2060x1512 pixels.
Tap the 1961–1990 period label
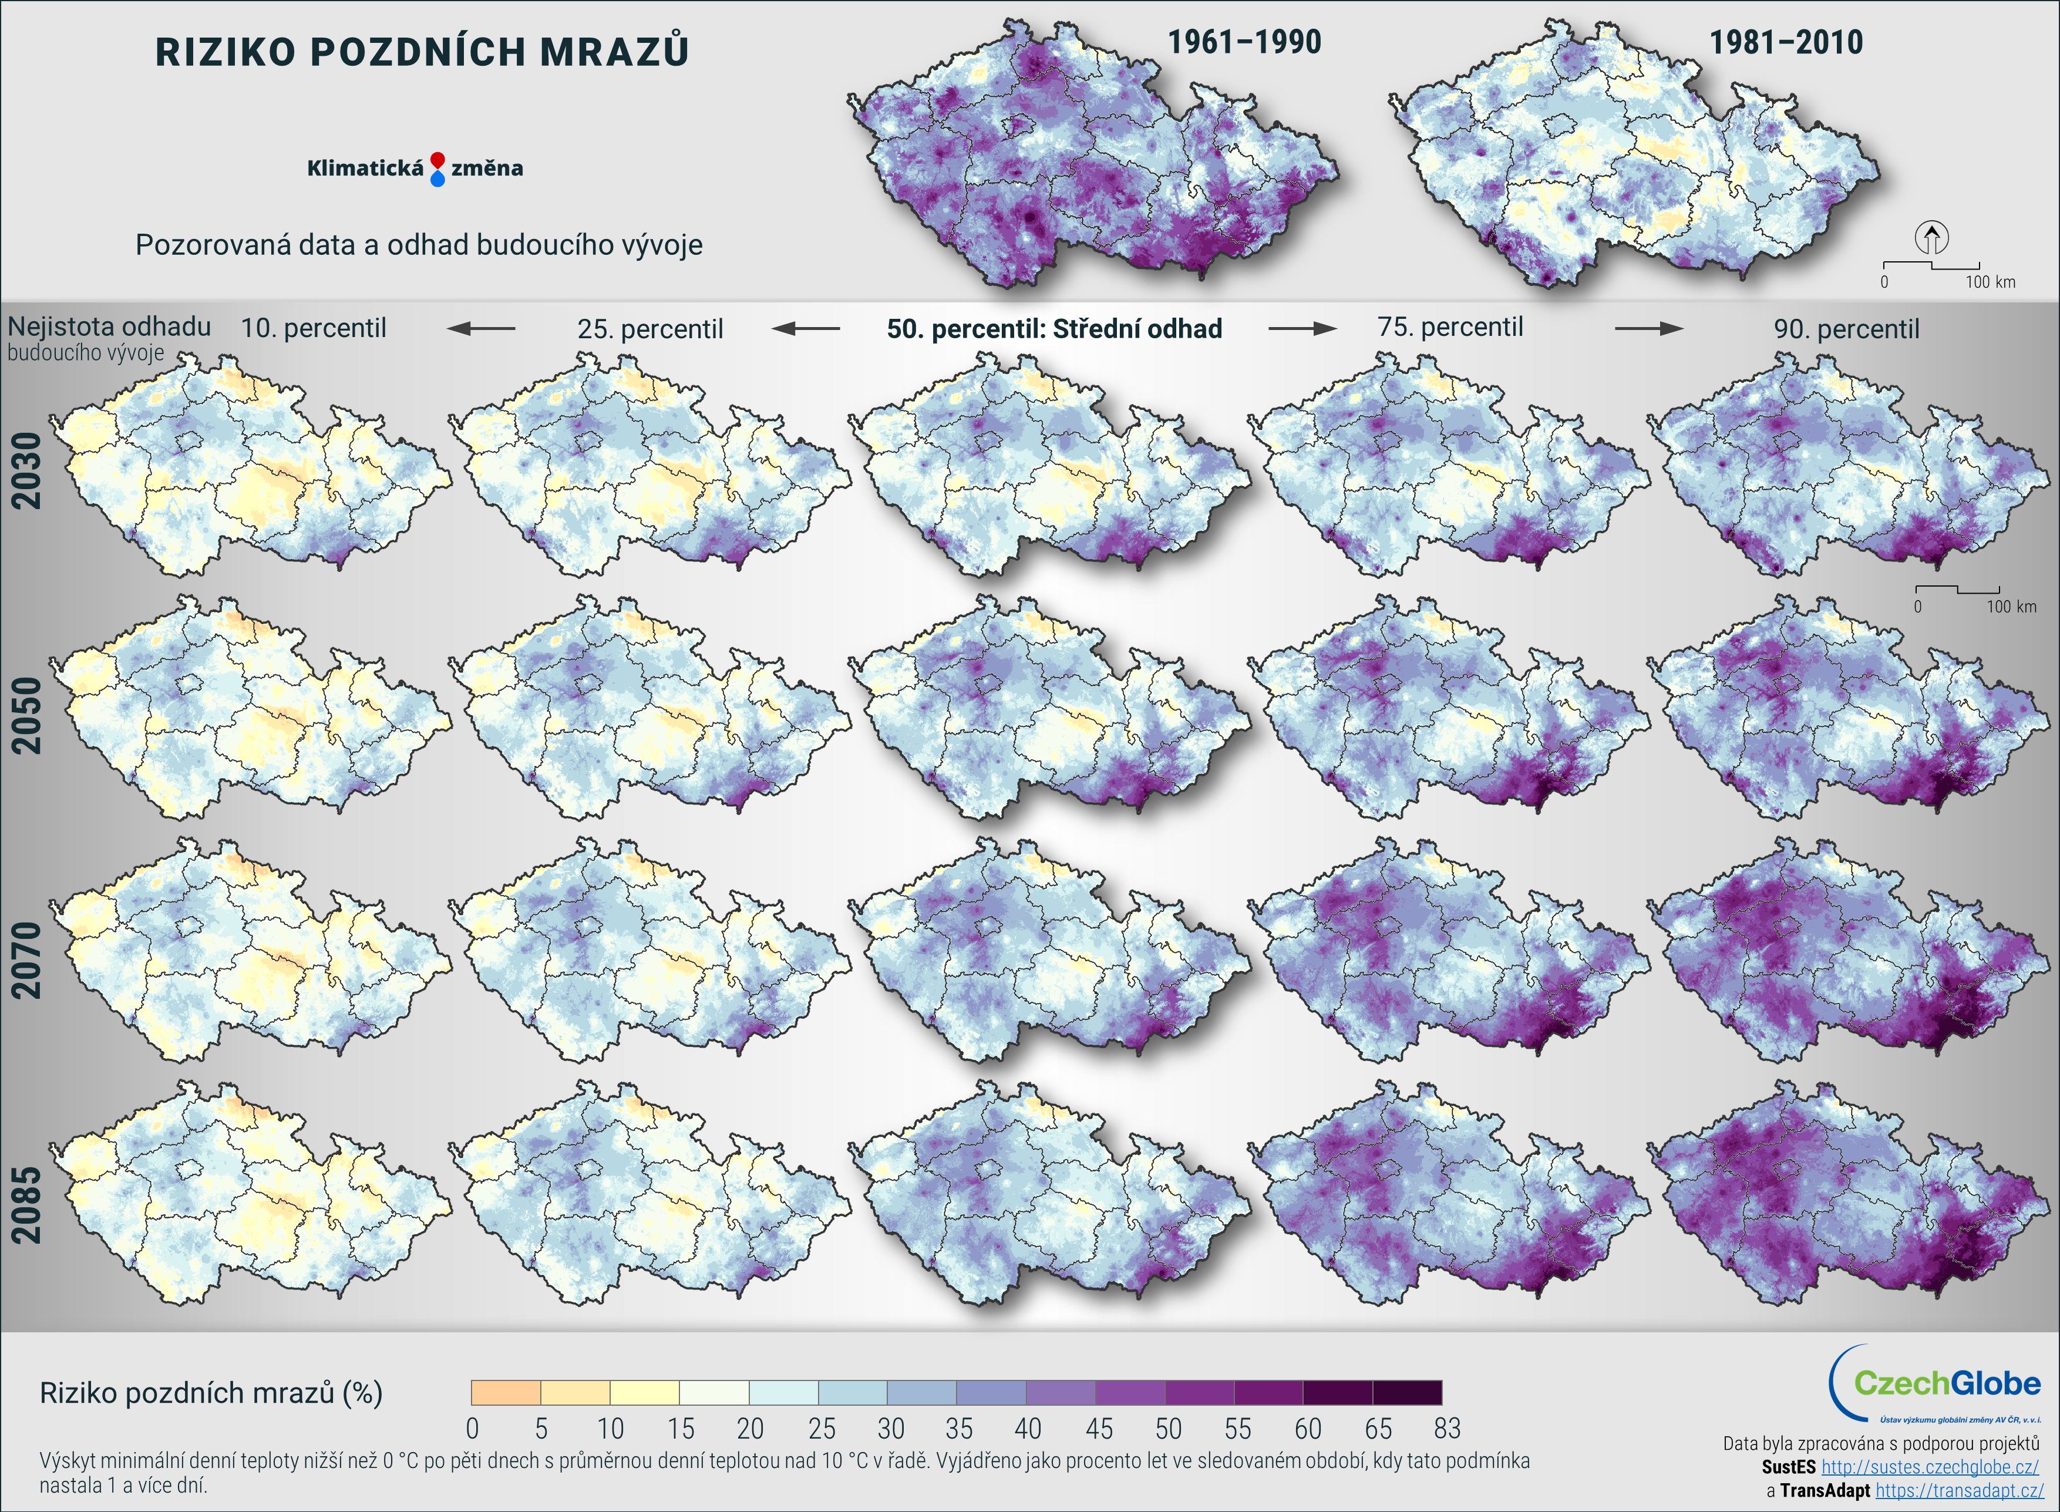pyautogui.click(x=1244, y=42)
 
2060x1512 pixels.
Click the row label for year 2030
pyautogui.click(x=26, y=470)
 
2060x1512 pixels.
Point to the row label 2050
pyautogui.click(x=26, y=715)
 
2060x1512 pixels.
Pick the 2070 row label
pyautogui.click(x=26, y=959)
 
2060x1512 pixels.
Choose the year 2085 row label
pyautogui.click(x=26, y=1204)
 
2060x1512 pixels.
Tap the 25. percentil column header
pyautogui.click(x=649, y=329)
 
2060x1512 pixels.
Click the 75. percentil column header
pyautogui.click(x=1450, y=326)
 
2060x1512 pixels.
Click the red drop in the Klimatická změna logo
pyautogui.click(x=437, y=159)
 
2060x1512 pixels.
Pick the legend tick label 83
pyautogui.click(x=1447, y=1429)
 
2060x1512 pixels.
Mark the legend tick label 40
pyautogui.click(x=1028, y=1429)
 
